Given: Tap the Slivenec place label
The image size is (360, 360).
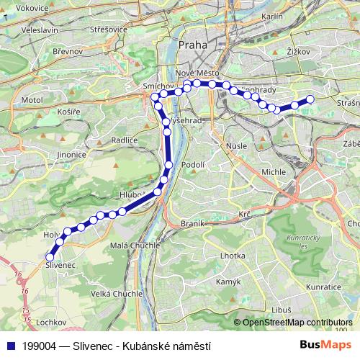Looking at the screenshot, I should point(60,266).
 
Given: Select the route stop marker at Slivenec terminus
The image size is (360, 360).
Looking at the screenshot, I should point(50,257).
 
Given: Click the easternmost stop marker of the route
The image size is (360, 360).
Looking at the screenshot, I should point(310,99).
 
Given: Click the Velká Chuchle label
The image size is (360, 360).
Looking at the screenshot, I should point(118,293).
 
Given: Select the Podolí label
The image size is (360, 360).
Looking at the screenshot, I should point(194,165).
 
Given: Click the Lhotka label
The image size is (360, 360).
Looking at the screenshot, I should point(233,255).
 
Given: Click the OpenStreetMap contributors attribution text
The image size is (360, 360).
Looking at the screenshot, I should point(297,322).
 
